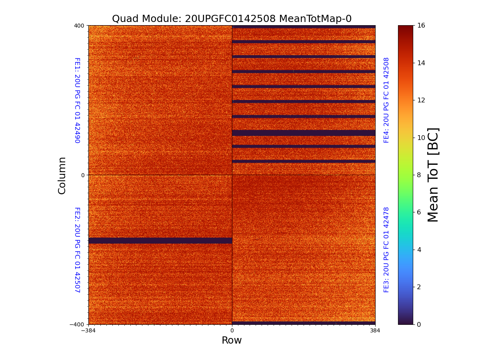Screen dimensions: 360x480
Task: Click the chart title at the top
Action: tap(232, 19)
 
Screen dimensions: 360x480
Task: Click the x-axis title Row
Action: tap(232, 340)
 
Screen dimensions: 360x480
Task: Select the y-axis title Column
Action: tap(62, 175)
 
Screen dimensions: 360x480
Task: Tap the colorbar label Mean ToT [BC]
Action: tap(433, 175)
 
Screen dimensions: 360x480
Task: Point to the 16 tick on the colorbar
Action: tap(421, 26)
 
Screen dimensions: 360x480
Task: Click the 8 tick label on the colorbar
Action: tap(421, 175)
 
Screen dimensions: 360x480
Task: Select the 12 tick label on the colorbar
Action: tap(422, 100)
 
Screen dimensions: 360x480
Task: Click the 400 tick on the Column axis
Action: tap(79, 26)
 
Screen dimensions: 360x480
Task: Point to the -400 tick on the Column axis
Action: tap(78, 324)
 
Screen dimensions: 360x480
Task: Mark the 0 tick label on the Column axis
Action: tap(83, 175)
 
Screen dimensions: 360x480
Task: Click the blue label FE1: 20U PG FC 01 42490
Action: tap(77, 100)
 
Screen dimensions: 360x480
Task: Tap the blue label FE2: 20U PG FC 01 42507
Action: tap(77, 250)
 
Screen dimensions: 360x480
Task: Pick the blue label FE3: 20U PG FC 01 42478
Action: tap(386, 250)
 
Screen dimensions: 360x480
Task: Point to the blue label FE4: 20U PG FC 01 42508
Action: tap(386, 100)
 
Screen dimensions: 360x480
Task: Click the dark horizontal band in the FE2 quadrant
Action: tap(160, 240)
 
